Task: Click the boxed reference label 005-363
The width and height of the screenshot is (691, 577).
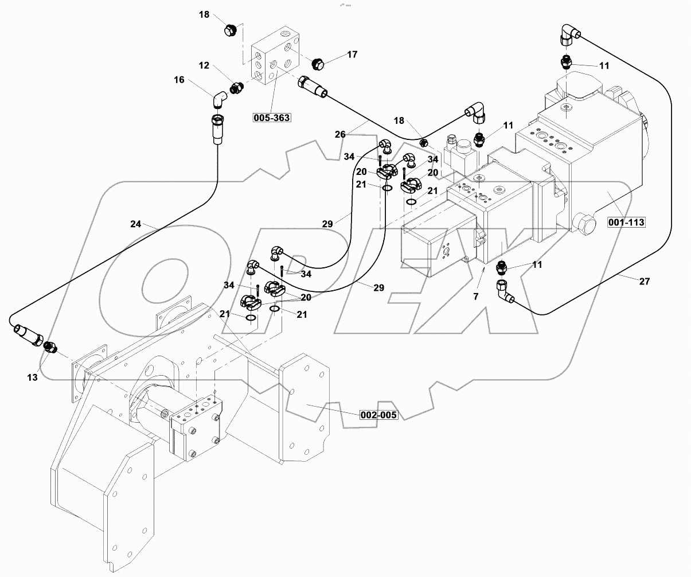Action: [x=271, y=118]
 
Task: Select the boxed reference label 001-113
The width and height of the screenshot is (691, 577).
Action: [x=627, y=223]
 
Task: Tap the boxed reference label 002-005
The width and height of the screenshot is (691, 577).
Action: [x=378, y=415]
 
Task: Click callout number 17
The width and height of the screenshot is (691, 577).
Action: [x=352, y=54]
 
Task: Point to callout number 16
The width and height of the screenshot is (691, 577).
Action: [x=179, y=80]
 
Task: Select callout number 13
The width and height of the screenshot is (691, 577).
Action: [x=32, y=377]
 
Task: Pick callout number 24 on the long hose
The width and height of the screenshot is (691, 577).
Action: [x=135, y=224]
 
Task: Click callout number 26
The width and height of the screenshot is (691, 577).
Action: [x=341, y=135]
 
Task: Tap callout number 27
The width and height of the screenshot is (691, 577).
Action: [x=644, y=281]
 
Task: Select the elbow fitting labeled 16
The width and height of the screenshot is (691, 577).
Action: [x=219, y=100]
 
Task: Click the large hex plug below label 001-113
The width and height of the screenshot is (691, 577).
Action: [x=584, y=224]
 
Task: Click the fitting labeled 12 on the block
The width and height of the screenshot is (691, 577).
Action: [x=236, y=88]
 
